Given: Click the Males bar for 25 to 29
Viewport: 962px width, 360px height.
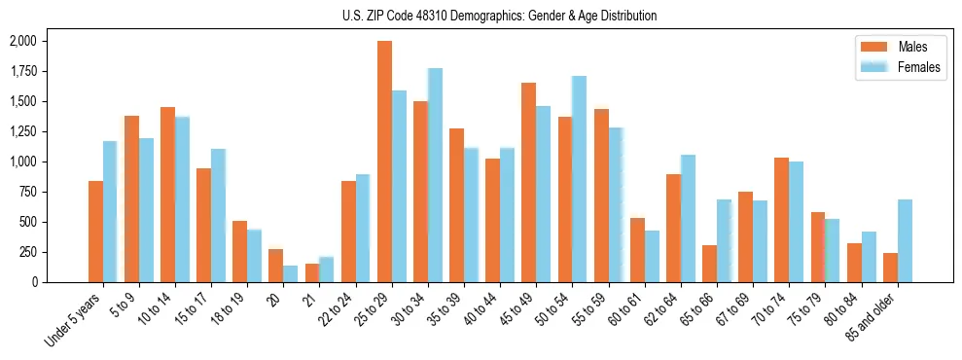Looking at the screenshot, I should pos(384,162).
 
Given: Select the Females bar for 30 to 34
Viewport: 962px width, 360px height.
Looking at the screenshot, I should pos(435,175).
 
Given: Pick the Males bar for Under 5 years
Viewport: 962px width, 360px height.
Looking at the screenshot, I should pos(95,232).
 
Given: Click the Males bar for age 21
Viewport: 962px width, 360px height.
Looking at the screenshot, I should pos(312,272).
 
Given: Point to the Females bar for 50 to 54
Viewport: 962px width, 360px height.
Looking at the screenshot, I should pos(579,179).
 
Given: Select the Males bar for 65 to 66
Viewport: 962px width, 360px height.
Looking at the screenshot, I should pos(709,264).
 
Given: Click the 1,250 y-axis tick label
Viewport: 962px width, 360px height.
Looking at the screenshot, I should pos(22,131).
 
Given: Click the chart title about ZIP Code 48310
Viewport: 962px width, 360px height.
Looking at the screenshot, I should pos(499,16).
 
